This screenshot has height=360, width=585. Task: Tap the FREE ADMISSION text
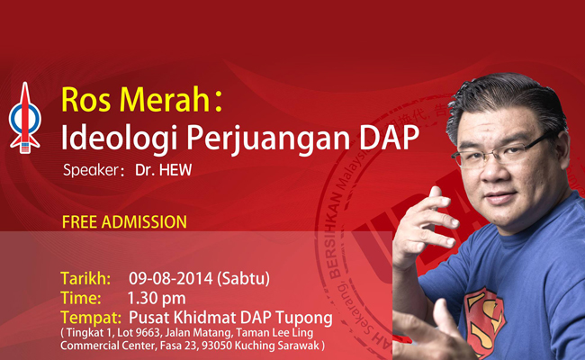pyautogui.click(x=124, y=220)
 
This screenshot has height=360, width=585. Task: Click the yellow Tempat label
pyautogui.click(x=91, y=316)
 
